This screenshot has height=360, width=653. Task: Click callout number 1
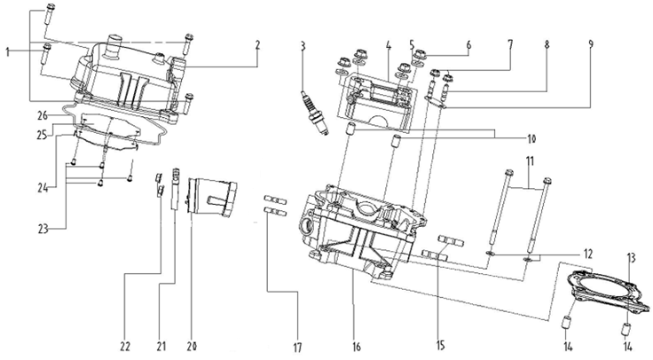[9, 52]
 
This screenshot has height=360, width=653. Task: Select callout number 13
[632, 257]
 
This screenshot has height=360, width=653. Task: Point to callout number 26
[43, 115]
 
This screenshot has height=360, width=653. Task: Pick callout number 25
[42, 136]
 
